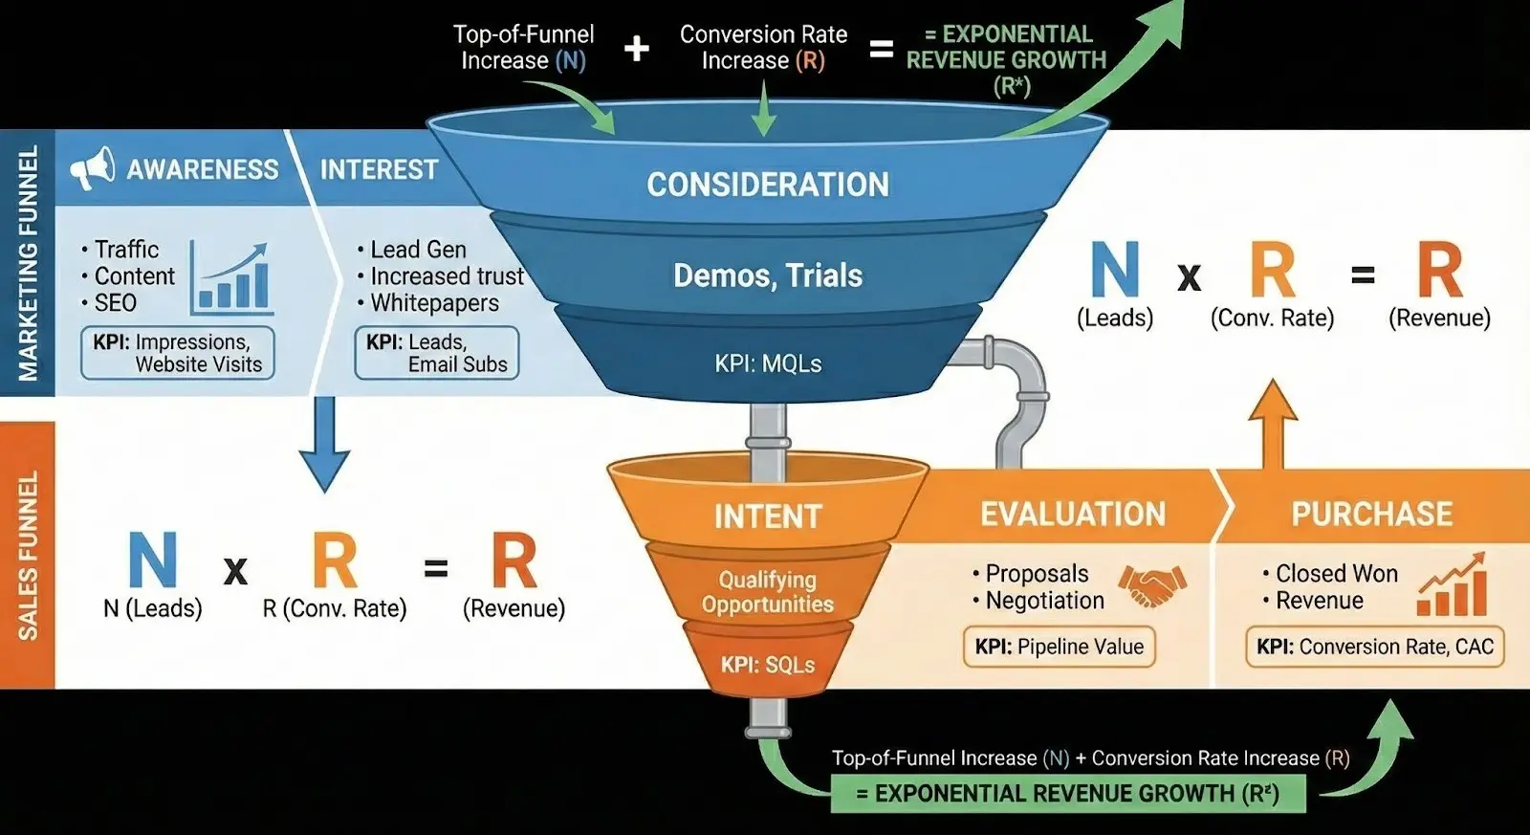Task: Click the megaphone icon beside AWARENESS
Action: tap(92, 169)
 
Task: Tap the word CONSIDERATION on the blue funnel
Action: tap(768, 185)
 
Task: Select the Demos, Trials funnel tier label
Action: tap(768, 275)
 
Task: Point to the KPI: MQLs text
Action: tap(768, 363)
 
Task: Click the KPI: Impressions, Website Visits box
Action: tap(178, 353)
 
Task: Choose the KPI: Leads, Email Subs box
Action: tap(437, 353)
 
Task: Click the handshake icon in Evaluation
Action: tap(1152, 584)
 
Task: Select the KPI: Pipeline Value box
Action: tap(1059, 647)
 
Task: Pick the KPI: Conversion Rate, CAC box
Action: tap(1374, 647)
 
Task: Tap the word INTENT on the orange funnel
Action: tap(768, 516)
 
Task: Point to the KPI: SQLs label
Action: tap(768, 665)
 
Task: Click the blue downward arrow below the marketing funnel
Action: tap(324, 442)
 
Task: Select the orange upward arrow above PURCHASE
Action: tap(1273, 423)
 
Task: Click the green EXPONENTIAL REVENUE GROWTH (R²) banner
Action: tap(1067, 794)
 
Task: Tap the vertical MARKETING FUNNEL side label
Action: tap(28, 263)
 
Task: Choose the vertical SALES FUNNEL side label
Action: tap(28, 555)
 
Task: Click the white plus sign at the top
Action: tap(637, 48)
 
